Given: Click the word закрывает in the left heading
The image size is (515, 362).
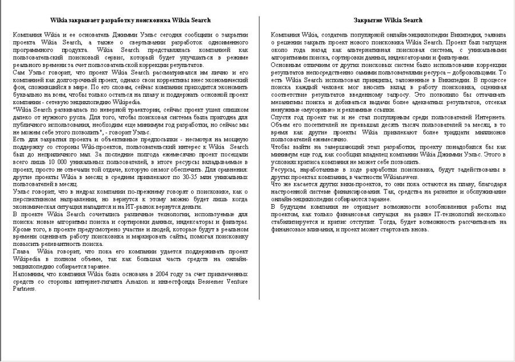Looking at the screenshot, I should pyautogui.click(x=87, y=21).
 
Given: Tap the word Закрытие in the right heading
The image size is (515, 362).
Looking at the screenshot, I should pyautogui.click(x=369, y=21).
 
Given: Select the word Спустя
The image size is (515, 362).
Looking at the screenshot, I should pyautogui.click(x=282, y=117).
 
